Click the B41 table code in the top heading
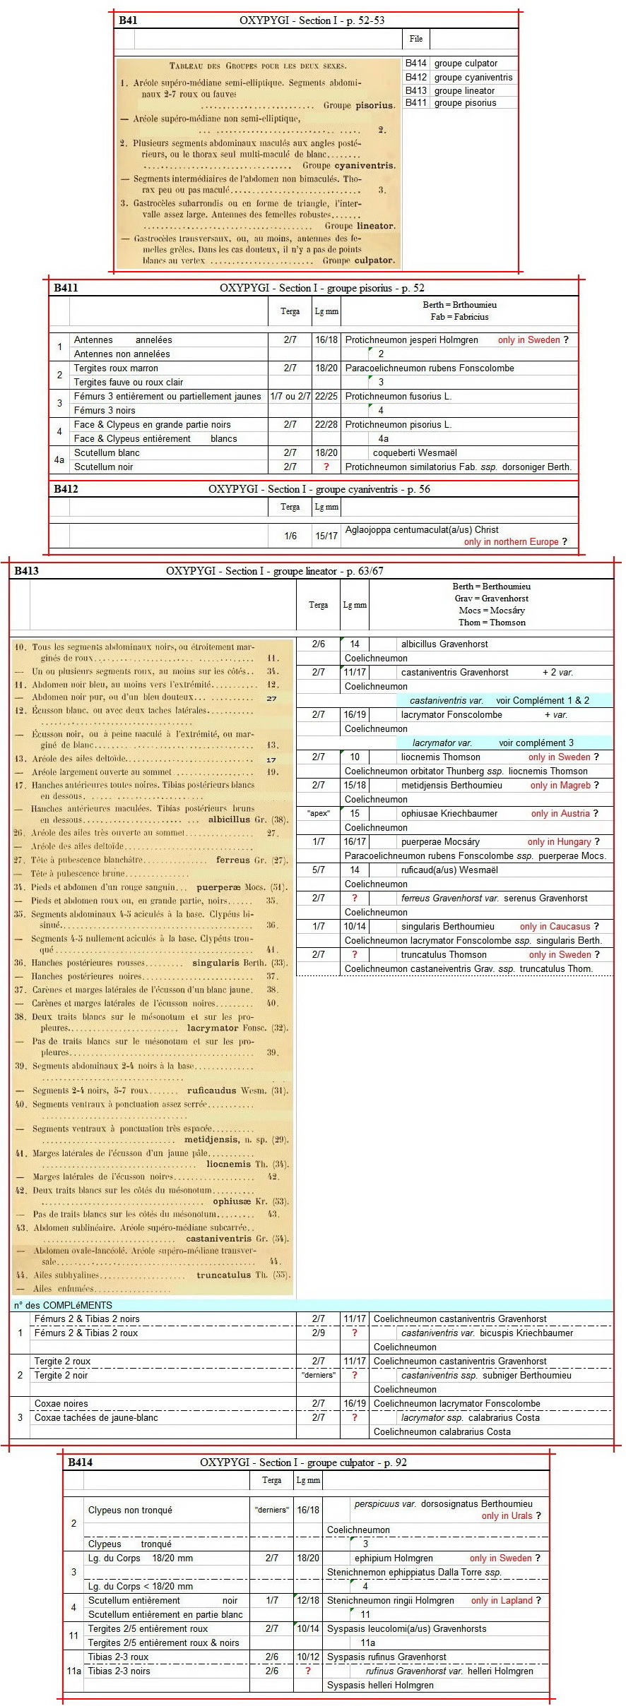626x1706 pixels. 128,20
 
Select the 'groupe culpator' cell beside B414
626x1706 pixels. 466,64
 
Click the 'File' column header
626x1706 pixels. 416,39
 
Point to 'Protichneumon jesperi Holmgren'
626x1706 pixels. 411,340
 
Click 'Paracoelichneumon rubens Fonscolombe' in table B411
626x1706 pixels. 430,368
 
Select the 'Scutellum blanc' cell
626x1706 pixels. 107,453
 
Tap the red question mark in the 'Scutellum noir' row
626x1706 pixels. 326,467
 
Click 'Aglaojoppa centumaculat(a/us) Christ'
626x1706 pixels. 422,530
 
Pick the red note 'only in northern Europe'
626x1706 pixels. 511,542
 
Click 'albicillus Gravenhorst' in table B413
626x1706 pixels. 444,644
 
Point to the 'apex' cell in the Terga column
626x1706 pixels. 318,814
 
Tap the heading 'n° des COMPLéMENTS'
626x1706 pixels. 63,1306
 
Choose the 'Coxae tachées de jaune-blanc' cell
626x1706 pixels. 96,1418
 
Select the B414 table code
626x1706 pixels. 80,1462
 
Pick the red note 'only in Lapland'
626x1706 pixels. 502,1601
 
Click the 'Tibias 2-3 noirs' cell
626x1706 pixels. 119,1671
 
